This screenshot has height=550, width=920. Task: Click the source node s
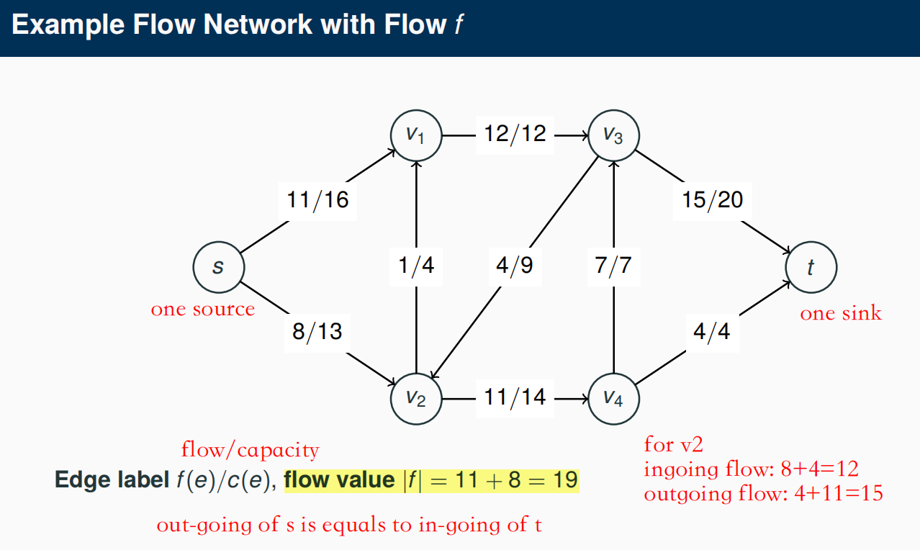218,267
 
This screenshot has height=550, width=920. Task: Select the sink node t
811,267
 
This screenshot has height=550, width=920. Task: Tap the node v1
415,135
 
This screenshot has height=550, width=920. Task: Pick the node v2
415,398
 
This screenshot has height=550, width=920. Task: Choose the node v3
613,135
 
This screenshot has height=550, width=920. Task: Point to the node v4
613,398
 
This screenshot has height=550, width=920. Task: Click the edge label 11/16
317,199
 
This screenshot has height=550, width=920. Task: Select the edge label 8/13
317,332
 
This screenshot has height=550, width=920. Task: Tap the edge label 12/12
514,134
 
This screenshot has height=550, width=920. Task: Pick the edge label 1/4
416,266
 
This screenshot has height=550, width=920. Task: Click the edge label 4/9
515,266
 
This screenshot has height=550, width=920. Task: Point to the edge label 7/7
613,266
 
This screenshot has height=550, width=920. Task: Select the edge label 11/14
514,397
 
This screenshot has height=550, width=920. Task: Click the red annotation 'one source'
202,310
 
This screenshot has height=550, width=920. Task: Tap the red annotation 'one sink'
841,313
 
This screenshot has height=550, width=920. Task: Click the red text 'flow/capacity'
250,451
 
